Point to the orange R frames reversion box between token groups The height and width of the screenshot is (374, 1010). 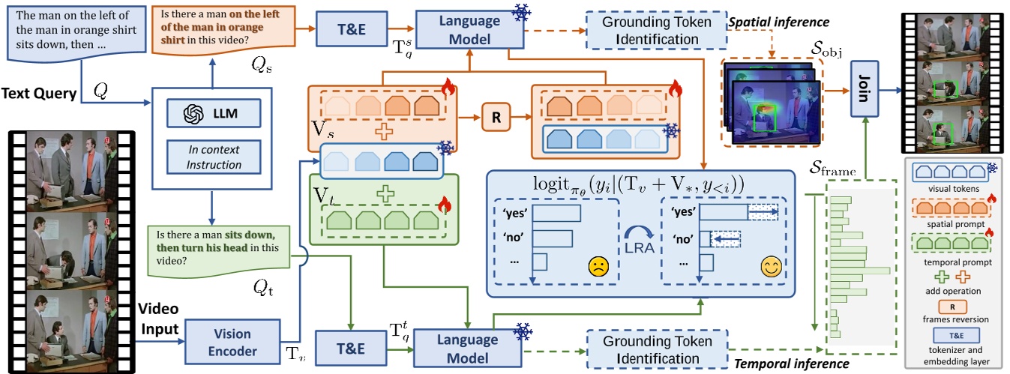[495, 119]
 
